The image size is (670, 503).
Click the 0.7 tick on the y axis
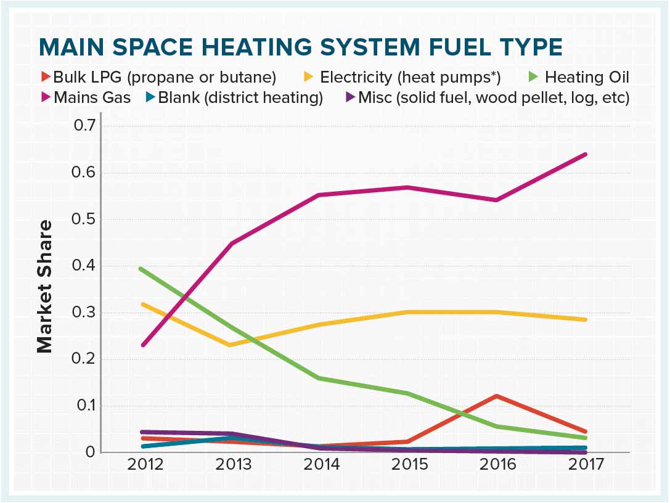(x=86, y=126)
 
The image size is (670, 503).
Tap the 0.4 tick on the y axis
(x=86, y=266)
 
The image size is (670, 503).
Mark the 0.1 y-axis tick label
(x=86, y=406)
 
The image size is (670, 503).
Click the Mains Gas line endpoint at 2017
(x=584, y=154)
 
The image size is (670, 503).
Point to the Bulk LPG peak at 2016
(x=496, y=396)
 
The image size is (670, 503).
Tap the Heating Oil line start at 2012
(x=142, y=269)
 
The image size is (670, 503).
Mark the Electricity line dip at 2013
(x=230, y=345)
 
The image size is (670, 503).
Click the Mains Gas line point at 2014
(x=319, y=195)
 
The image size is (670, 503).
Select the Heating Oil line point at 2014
(x=319, y=378)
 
